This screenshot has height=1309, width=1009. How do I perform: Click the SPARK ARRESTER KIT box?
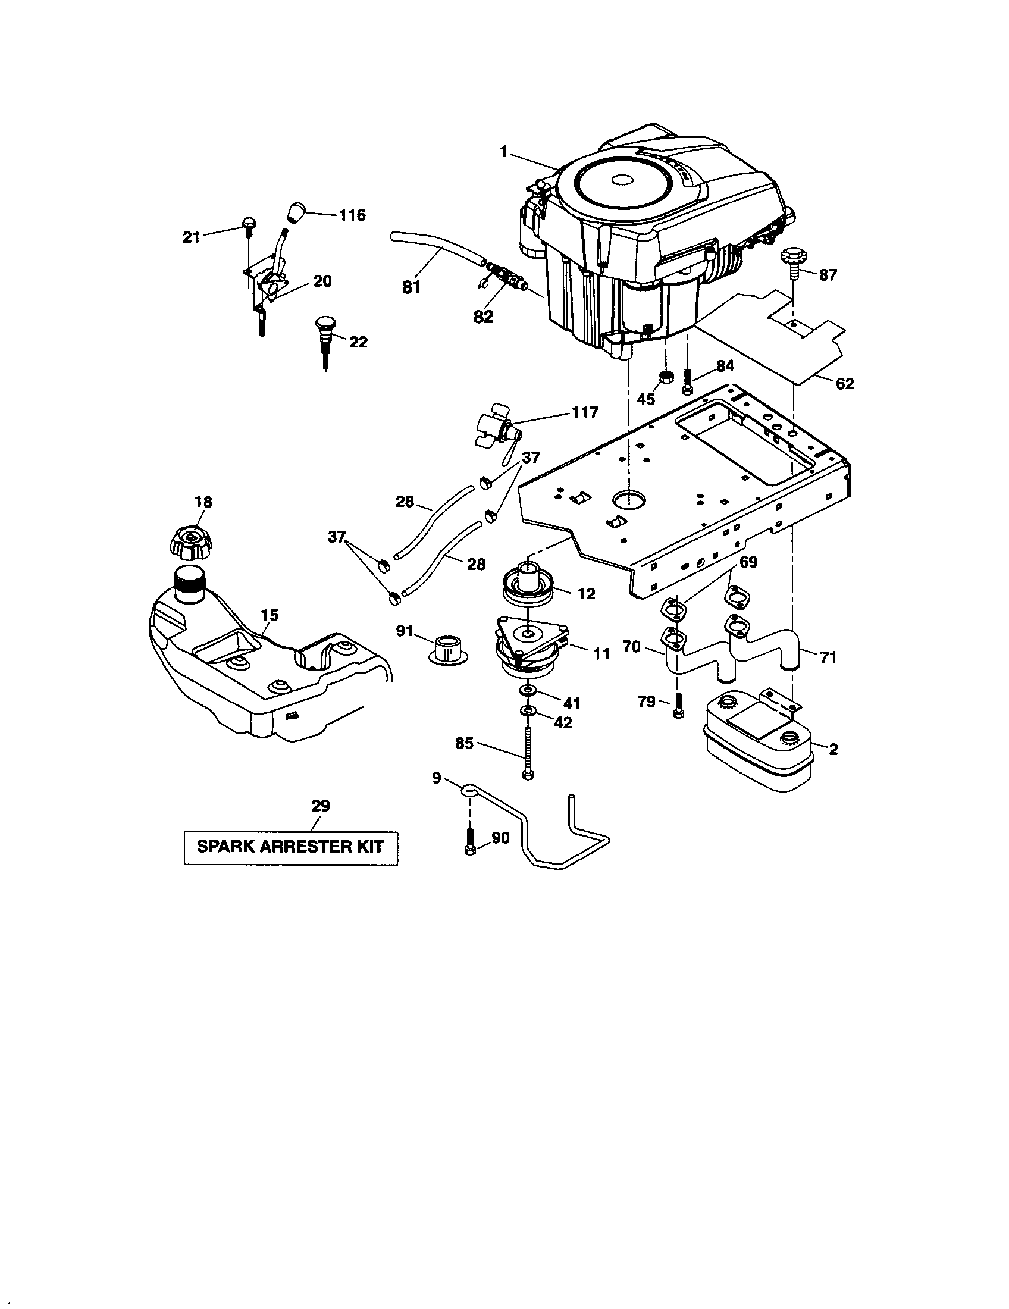click(290, 847)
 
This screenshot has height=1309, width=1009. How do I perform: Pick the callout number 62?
click(844, 384)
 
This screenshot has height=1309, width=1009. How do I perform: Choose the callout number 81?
click(411, 288)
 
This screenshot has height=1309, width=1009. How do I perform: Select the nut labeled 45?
click(665, 377)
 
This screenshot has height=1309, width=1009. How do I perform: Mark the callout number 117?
click(585, 412)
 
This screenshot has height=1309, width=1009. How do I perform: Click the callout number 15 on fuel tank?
click(270, 615)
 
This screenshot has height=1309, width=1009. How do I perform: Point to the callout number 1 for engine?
click(504, 153)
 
